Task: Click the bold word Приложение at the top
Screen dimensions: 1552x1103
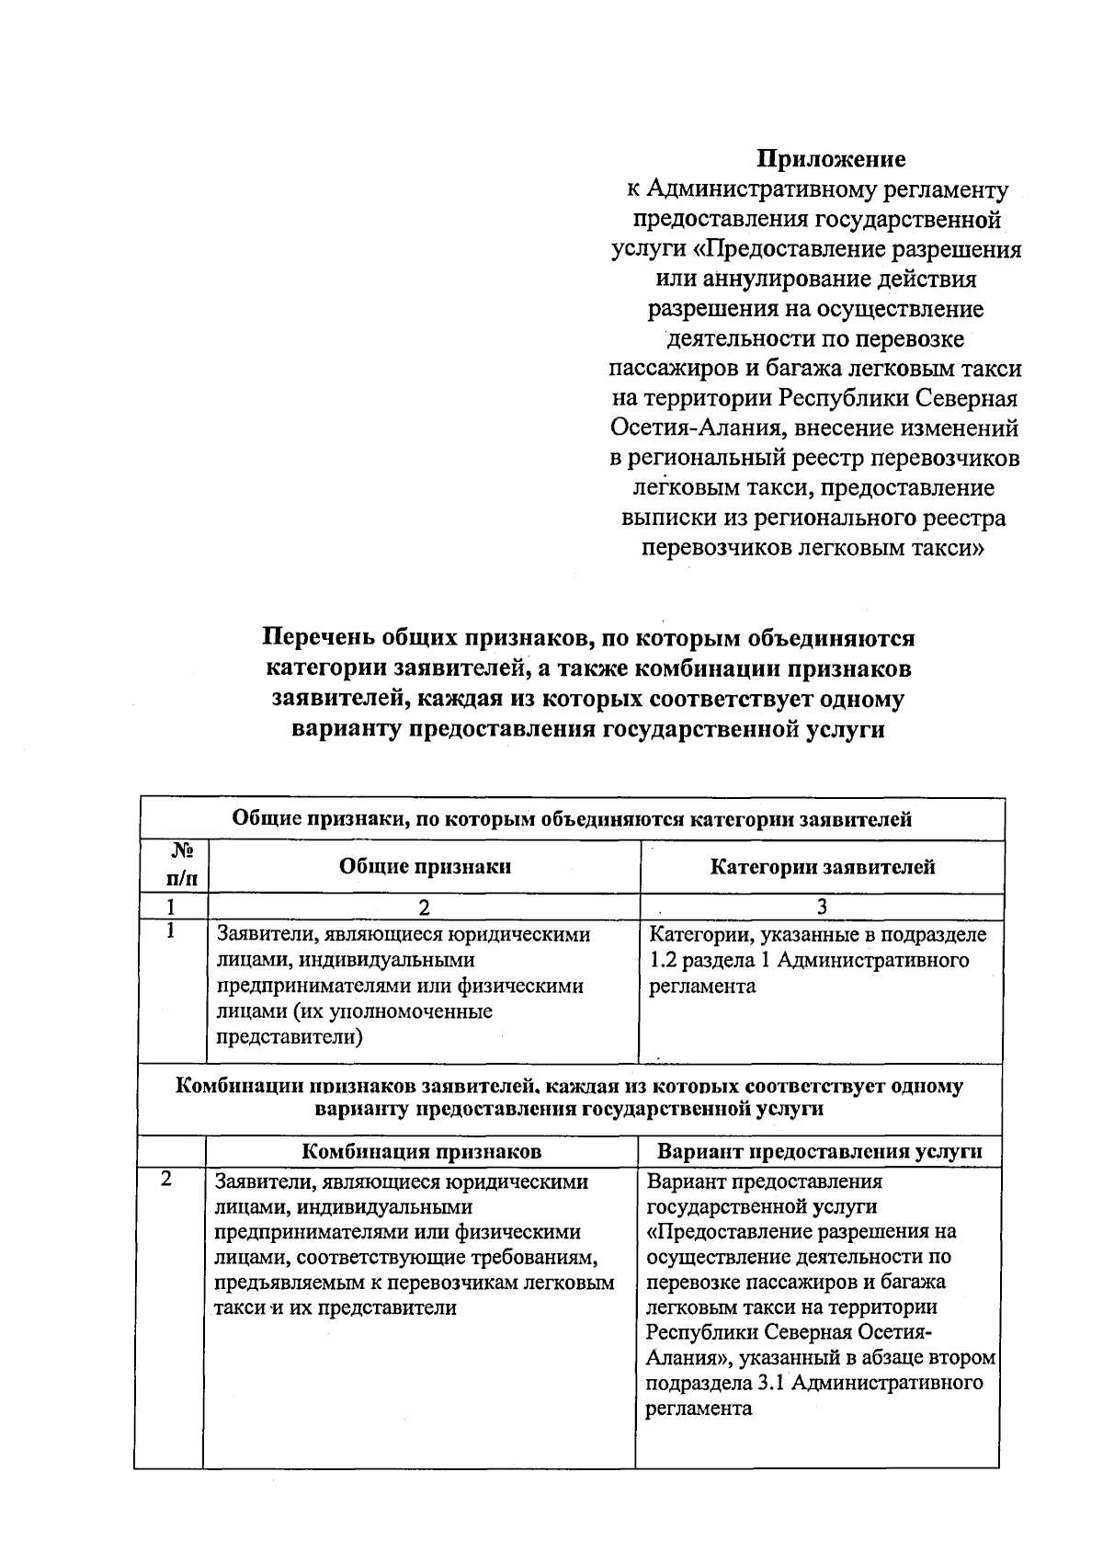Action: [x=831, y=160]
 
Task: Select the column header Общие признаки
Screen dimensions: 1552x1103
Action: [x=425, y=866]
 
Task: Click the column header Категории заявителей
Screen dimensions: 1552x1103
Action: [x=823, y=866]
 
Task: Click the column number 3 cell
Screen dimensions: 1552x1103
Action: [x=822, y=907]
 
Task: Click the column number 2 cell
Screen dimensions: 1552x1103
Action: [x=424, y=907]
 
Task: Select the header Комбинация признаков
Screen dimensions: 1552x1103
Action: [x=422, y=1151]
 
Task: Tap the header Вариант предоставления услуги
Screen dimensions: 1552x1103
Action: [x=819, y=1151]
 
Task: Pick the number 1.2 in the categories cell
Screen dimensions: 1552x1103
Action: [x=663, y=961]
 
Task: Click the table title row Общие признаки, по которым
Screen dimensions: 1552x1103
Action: [x=571, y=818]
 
